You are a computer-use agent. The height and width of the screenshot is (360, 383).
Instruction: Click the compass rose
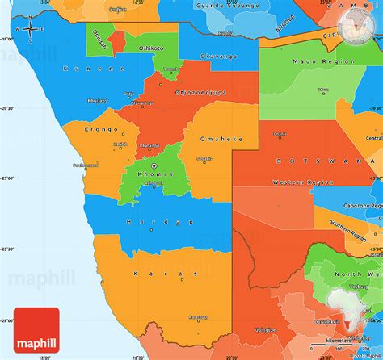click(x=30, y=30)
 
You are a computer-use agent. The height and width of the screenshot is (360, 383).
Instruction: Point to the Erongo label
click(x=103, y=129)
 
